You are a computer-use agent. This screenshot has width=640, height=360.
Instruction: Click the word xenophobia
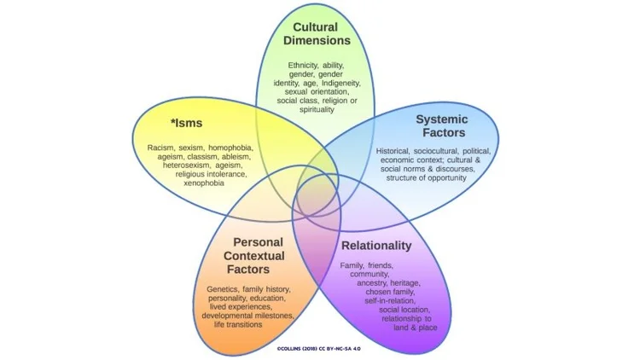[200, 183]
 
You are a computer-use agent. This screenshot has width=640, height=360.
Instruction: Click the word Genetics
[224, 289]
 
